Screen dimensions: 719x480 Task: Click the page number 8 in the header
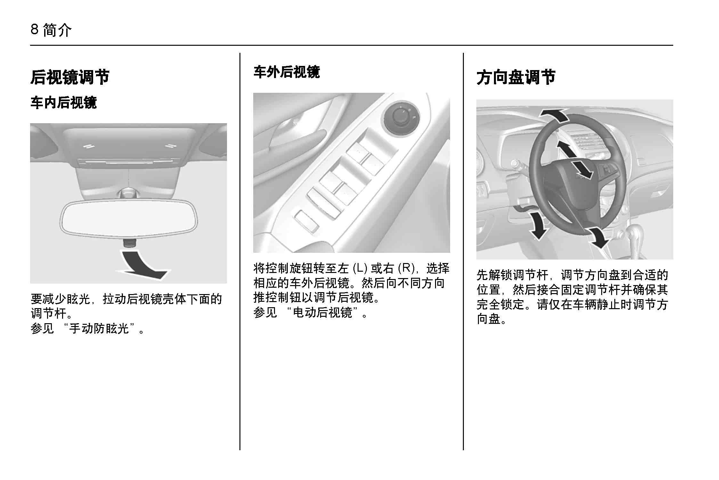[35, 30]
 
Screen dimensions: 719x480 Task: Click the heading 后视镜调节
[70, 77]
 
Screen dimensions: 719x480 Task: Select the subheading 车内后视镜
[63, 103]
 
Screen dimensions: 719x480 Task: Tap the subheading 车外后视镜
[287, 72]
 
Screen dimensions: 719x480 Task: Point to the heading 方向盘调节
[516, 77]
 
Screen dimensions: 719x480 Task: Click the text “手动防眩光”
[100, 328]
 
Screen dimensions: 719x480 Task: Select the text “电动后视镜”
[323, 312]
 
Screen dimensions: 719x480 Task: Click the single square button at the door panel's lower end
[307, 221]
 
